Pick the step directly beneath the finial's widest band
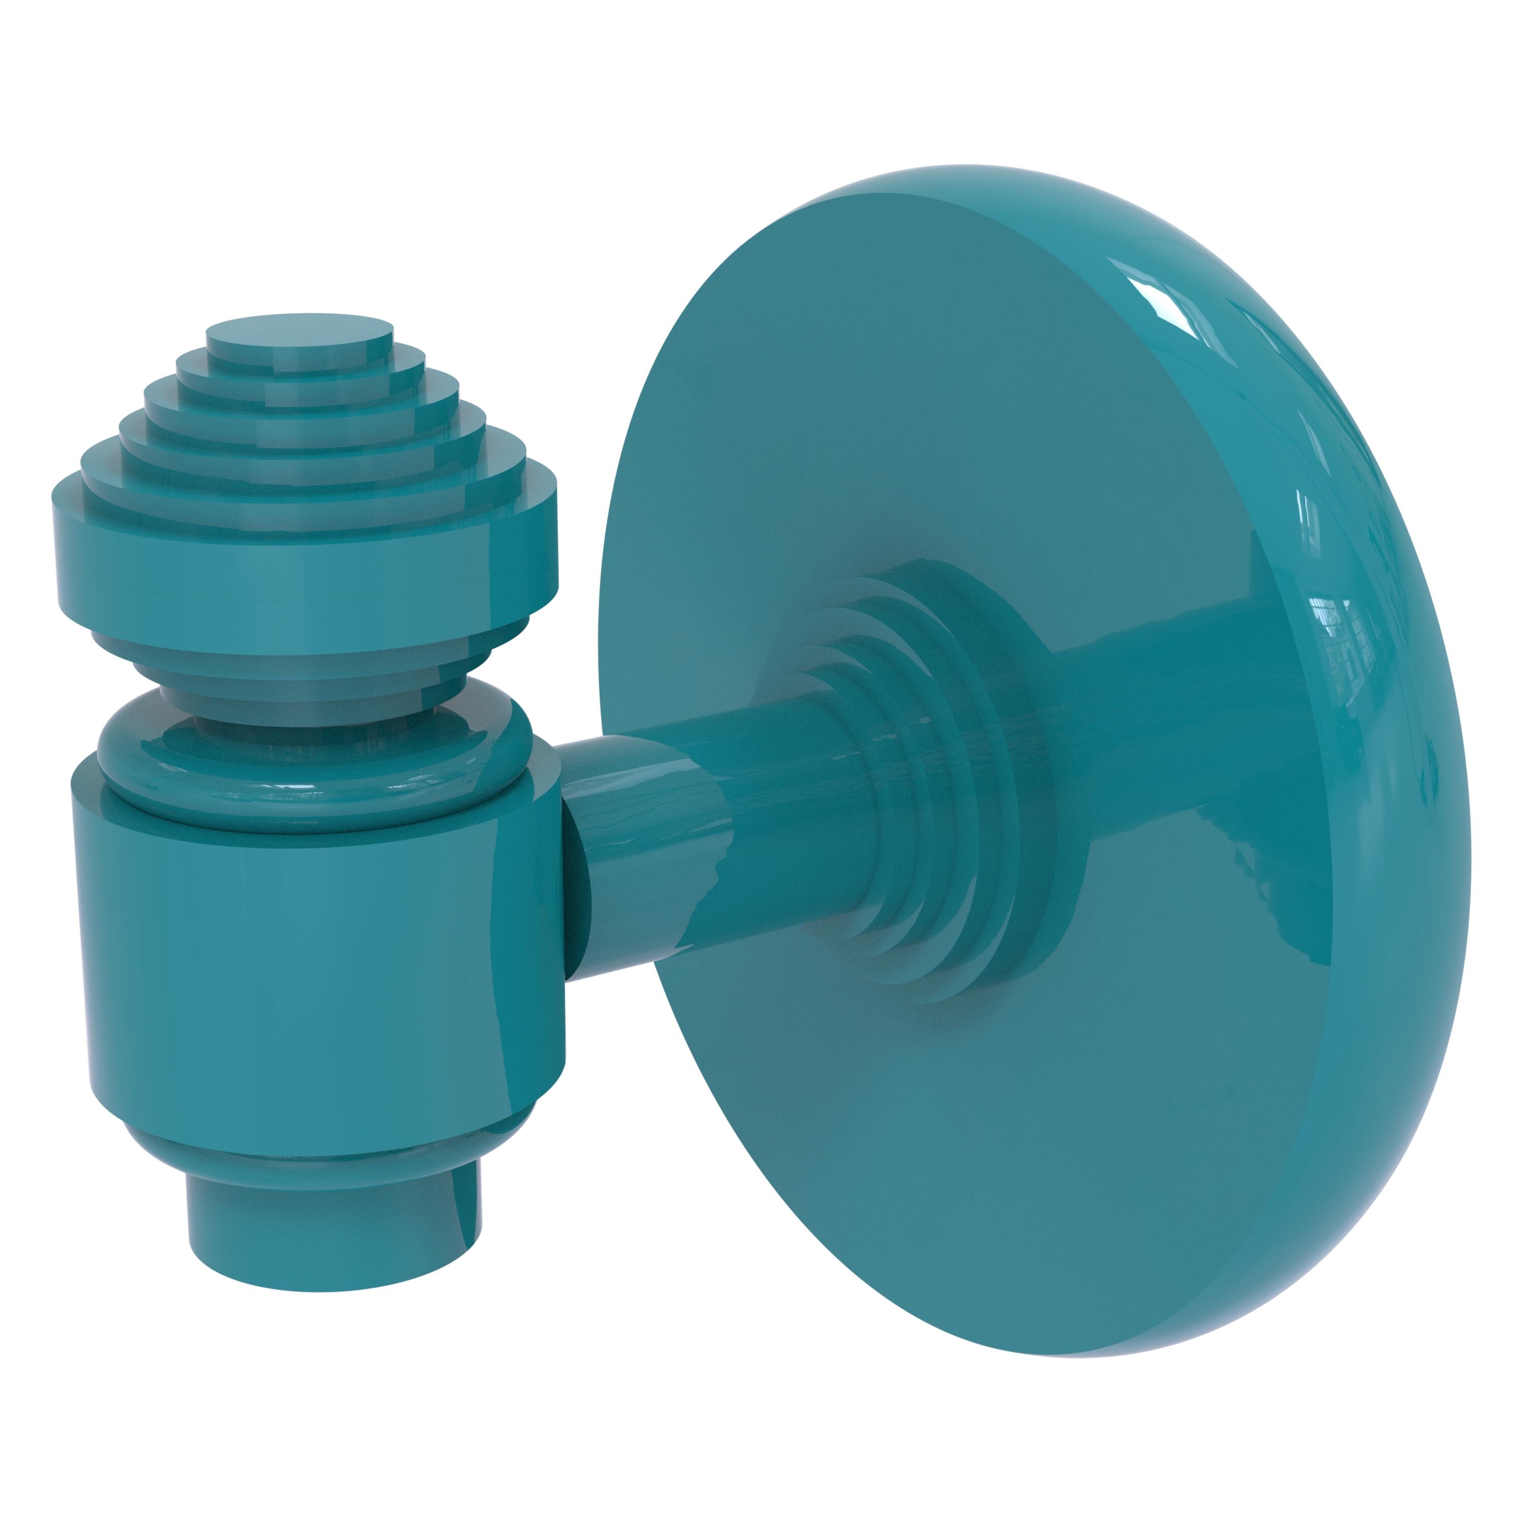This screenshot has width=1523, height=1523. point(306,631)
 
